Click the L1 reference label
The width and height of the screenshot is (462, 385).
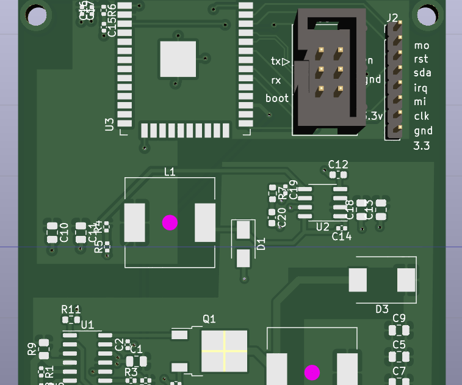pyautogui.click(x=170, y=172)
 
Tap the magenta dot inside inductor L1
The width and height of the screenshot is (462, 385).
pyautogui.click(x=170, y=222)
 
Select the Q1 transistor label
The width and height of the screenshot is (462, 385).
pyautogui.click(x=209, y=318)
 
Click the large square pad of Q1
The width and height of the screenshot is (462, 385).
pyautogui.click(x=225, y=351)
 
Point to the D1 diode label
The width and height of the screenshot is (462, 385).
pyautogui.click(x=261, y=245)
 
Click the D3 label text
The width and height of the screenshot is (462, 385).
pyautogui.click(x=381, y=309)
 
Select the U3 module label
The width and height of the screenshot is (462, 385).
pyautogui.click(x=109, y=125)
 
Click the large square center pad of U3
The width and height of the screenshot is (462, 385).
pyautogui.click(x=178, y=59)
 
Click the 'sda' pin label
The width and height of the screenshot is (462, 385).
pyautogui.click(x=422, y=73)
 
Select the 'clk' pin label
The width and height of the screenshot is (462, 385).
pyautogui.click(x=421, y=116)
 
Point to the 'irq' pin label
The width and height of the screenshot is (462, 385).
pyautogui.click(x=420, y=87)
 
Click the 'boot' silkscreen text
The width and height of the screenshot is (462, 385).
pyautogui.click(x=277, y=98)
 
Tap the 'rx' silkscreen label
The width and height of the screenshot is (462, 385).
pyautogui.click(x=276, y=80)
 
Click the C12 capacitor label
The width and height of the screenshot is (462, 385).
pyautogui.click(x=338, y=164)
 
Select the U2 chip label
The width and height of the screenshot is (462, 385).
pyautogui.click(x=323, y=227)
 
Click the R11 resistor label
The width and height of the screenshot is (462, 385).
pyautogui.click(x=71, y=309)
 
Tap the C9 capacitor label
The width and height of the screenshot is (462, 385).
pyautogui.click(x=399, y=318)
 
